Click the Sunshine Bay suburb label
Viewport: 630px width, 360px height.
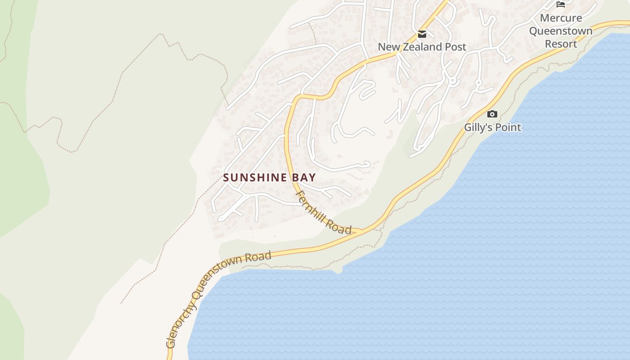[269, 177]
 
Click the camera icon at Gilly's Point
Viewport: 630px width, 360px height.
[492, 114]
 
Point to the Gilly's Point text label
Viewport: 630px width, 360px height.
[492, 127]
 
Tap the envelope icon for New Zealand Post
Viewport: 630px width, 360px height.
[422, 34]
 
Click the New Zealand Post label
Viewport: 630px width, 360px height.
[422, 47]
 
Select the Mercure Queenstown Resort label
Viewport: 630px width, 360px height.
[561, 31]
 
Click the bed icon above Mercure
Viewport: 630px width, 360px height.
[561, 4]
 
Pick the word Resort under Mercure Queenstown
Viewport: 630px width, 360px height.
[561, 44]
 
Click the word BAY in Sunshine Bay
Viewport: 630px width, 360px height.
[304, 177]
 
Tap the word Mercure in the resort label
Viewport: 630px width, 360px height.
[561, 18]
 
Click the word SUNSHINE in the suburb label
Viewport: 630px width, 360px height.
[255, 177]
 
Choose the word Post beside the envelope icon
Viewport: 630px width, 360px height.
[456, 47]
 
